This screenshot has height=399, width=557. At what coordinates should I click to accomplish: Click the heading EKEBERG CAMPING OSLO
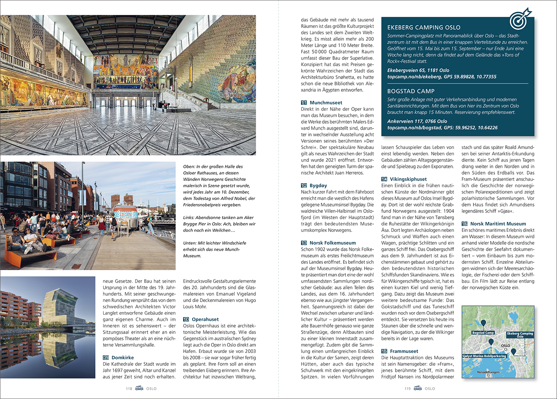point(424,27)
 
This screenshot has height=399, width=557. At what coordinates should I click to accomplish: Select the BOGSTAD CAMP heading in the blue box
point(411,91)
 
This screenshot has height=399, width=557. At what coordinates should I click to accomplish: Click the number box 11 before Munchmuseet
point(304,103)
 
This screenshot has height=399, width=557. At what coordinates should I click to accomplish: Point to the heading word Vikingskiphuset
point(408,179)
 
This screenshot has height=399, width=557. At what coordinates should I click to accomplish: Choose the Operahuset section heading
point(205,319)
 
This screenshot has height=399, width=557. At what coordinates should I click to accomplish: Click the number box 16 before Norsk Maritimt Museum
point(465,224)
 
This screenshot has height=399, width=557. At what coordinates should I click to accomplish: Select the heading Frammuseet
point(404,351)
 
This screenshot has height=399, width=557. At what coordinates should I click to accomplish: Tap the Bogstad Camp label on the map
point(483,332)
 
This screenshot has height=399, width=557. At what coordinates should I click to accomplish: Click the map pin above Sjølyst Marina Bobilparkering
point(491,342)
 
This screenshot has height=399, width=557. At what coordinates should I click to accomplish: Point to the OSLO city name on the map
point(505,346)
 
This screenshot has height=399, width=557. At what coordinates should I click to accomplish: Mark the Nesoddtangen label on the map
point(488,372)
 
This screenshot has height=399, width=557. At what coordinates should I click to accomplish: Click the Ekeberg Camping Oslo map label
point(520,334)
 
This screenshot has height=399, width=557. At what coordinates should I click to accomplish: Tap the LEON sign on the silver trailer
point(126,214)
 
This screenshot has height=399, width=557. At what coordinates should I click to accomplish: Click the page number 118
point(129,389)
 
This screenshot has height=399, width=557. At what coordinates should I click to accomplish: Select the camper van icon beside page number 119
point(417,388)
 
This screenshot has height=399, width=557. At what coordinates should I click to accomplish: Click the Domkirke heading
point(123,357)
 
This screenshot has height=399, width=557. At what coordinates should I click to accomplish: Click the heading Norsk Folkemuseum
point(333,243)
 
